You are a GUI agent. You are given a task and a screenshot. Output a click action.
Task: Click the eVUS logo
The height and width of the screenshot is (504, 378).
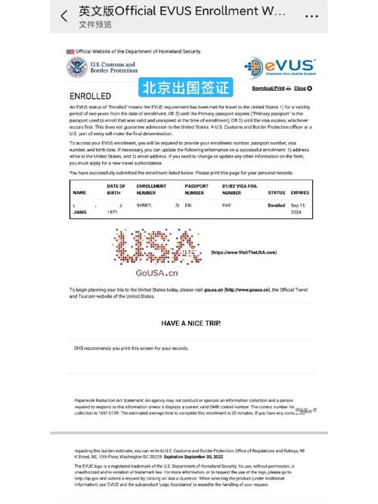point(280,69)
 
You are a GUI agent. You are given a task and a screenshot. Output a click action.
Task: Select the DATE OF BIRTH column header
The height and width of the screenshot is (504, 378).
point(116,188)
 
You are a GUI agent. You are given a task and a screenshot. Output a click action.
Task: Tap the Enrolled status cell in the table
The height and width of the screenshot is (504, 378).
point(277,205)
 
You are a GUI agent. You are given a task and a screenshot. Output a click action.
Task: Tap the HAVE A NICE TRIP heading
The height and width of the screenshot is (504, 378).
point(191,323)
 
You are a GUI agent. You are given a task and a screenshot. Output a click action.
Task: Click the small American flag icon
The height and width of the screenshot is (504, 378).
point(70,51)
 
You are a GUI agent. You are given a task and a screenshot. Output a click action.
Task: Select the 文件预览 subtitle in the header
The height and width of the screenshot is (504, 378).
point(95,24)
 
